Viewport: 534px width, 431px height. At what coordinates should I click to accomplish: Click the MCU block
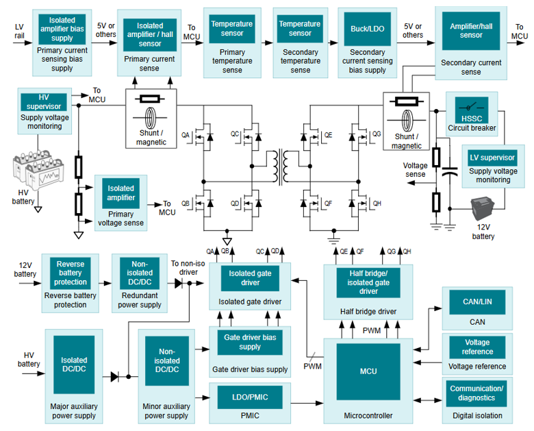pyautogui.click(x=368, y=371)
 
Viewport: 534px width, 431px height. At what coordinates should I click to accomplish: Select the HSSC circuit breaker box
pyautogui.click(x=472, y=110)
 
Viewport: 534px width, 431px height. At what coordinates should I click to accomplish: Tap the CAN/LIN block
pyautogui.click(x=476, y=299)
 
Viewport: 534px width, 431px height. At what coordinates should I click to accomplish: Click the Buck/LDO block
pyautogui.click(x=367, y=28)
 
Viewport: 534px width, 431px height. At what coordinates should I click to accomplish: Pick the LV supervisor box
pyautogui.click(x=492, y=158)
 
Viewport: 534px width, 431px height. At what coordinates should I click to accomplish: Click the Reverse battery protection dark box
pyautogui.click(x=71, y=273)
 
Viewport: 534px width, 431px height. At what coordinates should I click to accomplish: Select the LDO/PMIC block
pyautogui.click(x=249, y=395)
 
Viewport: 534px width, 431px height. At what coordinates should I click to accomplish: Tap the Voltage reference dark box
pyautogui.click(x=476, y=347)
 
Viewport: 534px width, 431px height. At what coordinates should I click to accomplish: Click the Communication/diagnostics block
pyautogui.click(x=476, y=393)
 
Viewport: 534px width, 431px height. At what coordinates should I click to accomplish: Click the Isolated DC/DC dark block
pyautogui.click(x=74, y=365)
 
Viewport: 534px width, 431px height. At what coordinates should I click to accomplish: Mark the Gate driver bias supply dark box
pyautogui.click(x=249, y=342)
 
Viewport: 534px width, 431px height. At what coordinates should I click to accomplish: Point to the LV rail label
pyautogui.click(x=19, y=31)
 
